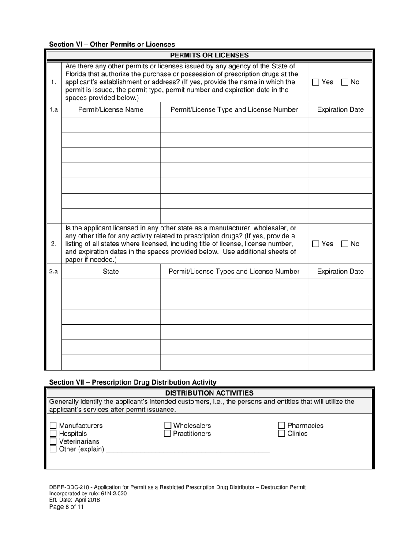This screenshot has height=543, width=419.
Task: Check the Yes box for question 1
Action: [x=316, y=82]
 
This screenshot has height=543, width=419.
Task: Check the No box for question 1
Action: [x=345, y=82]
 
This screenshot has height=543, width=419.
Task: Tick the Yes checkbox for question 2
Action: [x=316, y=244]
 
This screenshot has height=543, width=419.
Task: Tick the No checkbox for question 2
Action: [x=345, y=244]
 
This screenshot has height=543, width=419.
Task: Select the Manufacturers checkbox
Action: [x=53, y=426]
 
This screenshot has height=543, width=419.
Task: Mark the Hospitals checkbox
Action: [x=53, y=434]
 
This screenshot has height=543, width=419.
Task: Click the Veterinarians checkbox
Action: [x=53, y=441]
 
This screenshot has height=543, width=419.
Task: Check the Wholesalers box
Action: [x=168, y=426]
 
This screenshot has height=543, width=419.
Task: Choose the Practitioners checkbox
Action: [x=168, y=434]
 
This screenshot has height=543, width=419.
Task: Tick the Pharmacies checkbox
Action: [x=282, y=426]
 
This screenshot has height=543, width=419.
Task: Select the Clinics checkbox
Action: [x=282, y=434]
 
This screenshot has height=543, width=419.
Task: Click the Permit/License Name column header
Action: [x=111, y=109]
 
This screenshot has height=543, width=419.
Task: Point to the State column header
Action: [x=111, y=271]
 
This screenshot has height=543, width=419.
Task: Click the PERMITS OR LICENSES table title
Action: [x=209, y=55]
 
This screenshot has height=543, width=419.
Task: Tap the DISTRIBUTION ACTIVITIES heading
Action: [x=209, y=393]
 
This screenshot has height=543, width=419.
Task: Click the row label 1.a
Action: [x=53, y=109]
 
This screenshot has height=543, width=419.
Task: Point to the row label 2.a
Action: [x=53, y=271]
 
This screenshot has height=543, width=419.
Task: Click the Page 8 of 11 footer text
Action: [x=67, y=507]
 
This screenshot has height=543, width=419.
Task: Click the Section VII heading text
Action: [x=133, y=382]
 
